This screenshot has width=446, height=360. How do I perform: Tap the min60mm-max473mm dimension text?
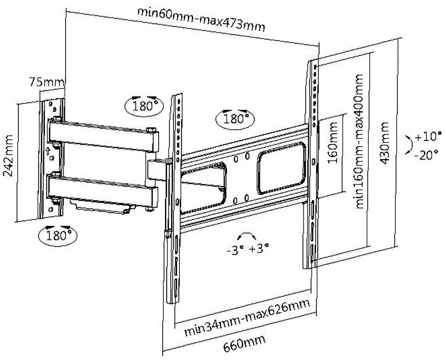pyautogui.click(x=201, y=20)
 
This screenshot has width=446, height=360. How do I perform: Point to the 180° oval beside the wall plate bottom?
pyautogui.click(x=57, y=234)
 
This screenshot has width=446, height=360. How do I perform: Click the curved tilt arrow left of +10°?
pyautogui.click(x=408, y=145)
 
